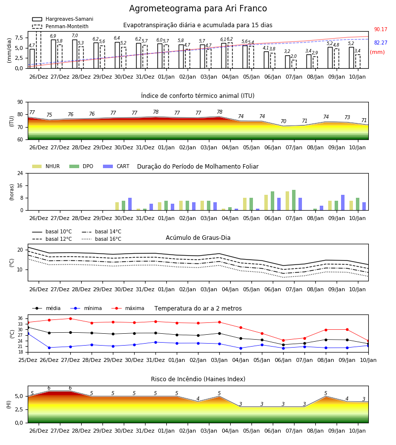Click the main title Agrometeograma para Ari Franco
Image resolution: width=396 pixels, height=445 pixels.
[198, 8]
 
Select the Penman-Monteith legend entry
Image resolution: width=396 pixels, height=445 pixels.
[60, 26]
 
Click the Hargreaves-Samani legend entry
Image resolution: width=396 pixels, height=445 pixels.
[62, 19]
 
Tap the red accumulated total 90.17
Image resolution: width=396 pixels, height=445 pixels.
[381, 29]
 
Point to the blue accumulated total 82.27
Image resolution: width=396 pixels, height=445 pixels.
[381, 43]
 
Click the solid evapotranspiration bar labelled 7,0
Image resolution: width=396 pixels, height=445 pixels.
[75, 54]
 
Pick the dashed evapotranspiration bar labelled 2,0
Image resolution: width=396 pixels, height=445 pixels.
[294, 64]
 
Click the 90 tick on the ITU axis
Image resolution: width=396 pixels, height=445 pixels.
[20, 102]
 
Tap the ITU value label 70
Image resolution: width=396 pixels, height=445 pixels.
[284, 121]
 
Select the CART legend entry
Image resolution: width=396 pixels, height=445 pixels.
[116, 166]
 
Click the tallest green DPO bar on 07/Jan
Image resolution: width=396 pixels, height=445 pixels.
[294, 200]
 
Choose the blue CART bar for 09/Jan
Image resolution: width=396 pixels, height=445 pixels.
[343, 203]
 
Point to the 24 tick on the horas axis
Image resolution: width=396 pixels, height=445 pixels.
[20, 174]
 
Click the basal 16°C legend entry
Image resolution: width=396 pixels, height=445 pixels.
[101, 239]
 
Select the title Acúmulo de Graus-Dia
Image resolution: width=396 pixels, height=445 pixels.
[198, 238]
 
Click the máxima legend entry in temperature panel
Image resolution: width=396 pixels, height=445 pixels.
[128, 308]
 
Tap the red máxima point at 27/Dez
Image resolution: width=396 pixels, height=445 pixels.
[70, 318]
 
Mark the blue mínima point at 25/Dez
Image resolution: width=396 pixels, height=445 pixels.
[28, 333]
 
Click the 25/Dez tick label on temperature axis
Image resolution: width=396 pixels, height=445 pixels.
[28, 360]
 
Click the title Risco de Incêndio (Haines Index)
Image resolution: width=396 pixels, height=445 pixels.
[198, 379]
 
